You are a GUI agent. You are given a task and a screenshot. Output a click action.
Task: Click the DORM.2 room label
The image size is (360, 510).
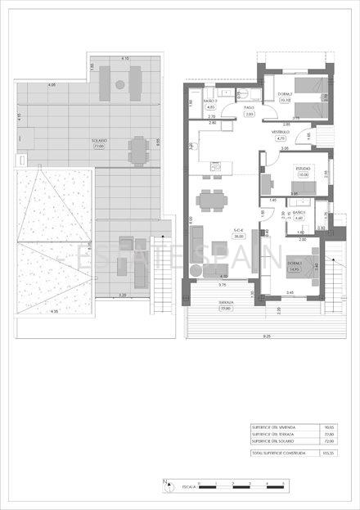coord(286,97)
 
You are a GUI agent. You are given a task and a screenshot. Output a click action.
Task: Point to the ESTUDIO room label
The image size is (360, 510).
coord(304,170)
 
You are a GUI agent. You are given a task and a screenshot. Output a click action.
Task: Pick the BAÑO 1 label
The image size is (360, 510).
coord(299,214)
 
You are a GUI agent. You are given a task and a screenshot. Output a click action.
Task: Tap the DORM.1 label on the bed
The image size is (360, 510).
coord(295,263)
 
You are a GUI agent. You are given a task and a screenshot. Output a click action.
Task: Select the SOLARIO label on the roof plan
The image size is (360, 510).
coord(99,140)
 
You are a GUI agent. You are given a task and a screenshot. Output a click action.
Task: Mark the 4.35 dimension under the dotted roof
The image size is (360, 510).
coord(55,312)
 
